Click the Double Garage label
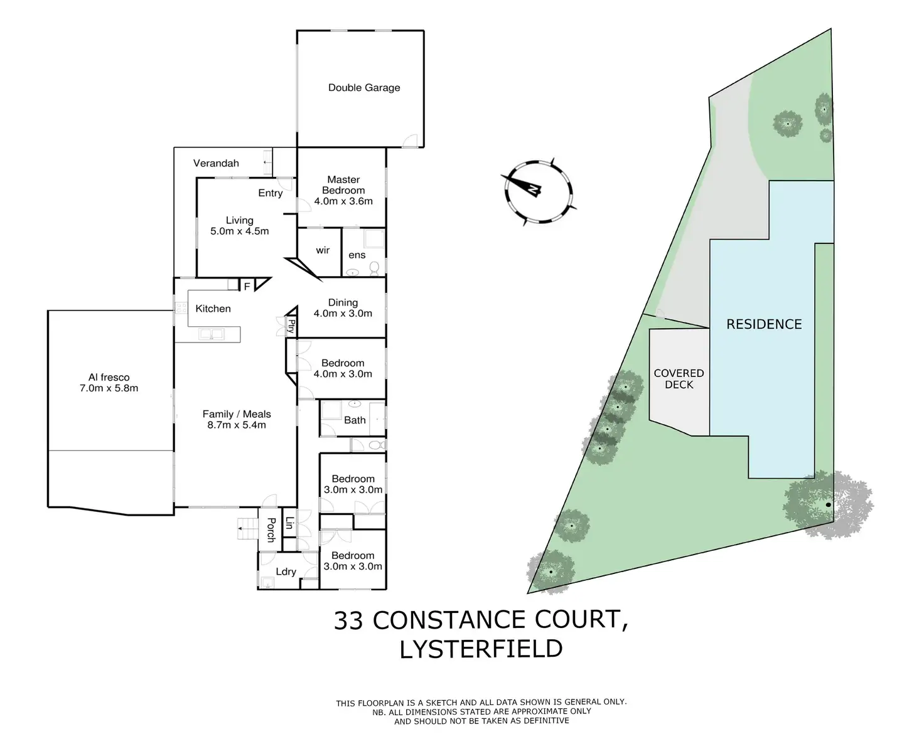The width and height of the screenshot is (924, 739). click(364, 88)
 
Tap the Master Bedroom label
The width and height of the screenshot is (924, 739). click(343, 185)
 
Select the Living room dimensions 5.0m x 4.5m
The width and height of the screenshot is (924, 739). click(240, 231)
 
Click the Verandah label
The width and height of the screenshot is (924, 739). click(216, 163)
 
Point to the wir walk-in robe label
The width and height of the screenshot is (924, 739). click(323, 250)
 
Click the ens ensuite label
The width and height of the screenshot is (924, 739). click(357, 255)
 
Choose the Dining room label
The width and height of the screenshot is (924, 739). click(343, 302)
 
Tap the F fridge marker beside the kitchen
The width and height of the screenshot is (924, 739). click(247, 286)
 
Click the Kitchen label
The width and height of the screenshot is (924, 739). click(213, 309)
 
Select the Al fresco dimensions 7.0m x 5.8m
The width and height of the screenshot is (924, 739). click(109, 388)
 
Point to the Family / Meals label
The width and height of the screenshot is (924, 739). click(237, 414)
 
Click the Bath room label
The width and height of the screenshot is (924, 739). click(355, 420)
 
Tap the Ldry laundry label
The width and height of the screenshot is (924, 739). click(286, 572)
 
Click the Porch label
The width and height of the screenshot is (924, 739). click(271, 529)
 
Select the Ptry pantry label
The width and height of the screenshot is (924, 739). click(291, 326)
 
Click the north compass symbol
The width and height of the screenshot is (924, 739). click(539, 191)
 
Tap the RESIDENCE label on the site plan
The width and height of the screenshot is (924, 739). click(764, 324)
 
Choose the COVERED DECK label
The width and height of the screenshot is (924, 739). click(679, 379)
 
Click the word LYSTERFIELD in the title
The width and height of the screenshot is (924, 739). click(481, 649)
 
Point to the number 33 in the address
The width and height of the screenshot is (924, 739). click(348, 620)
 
